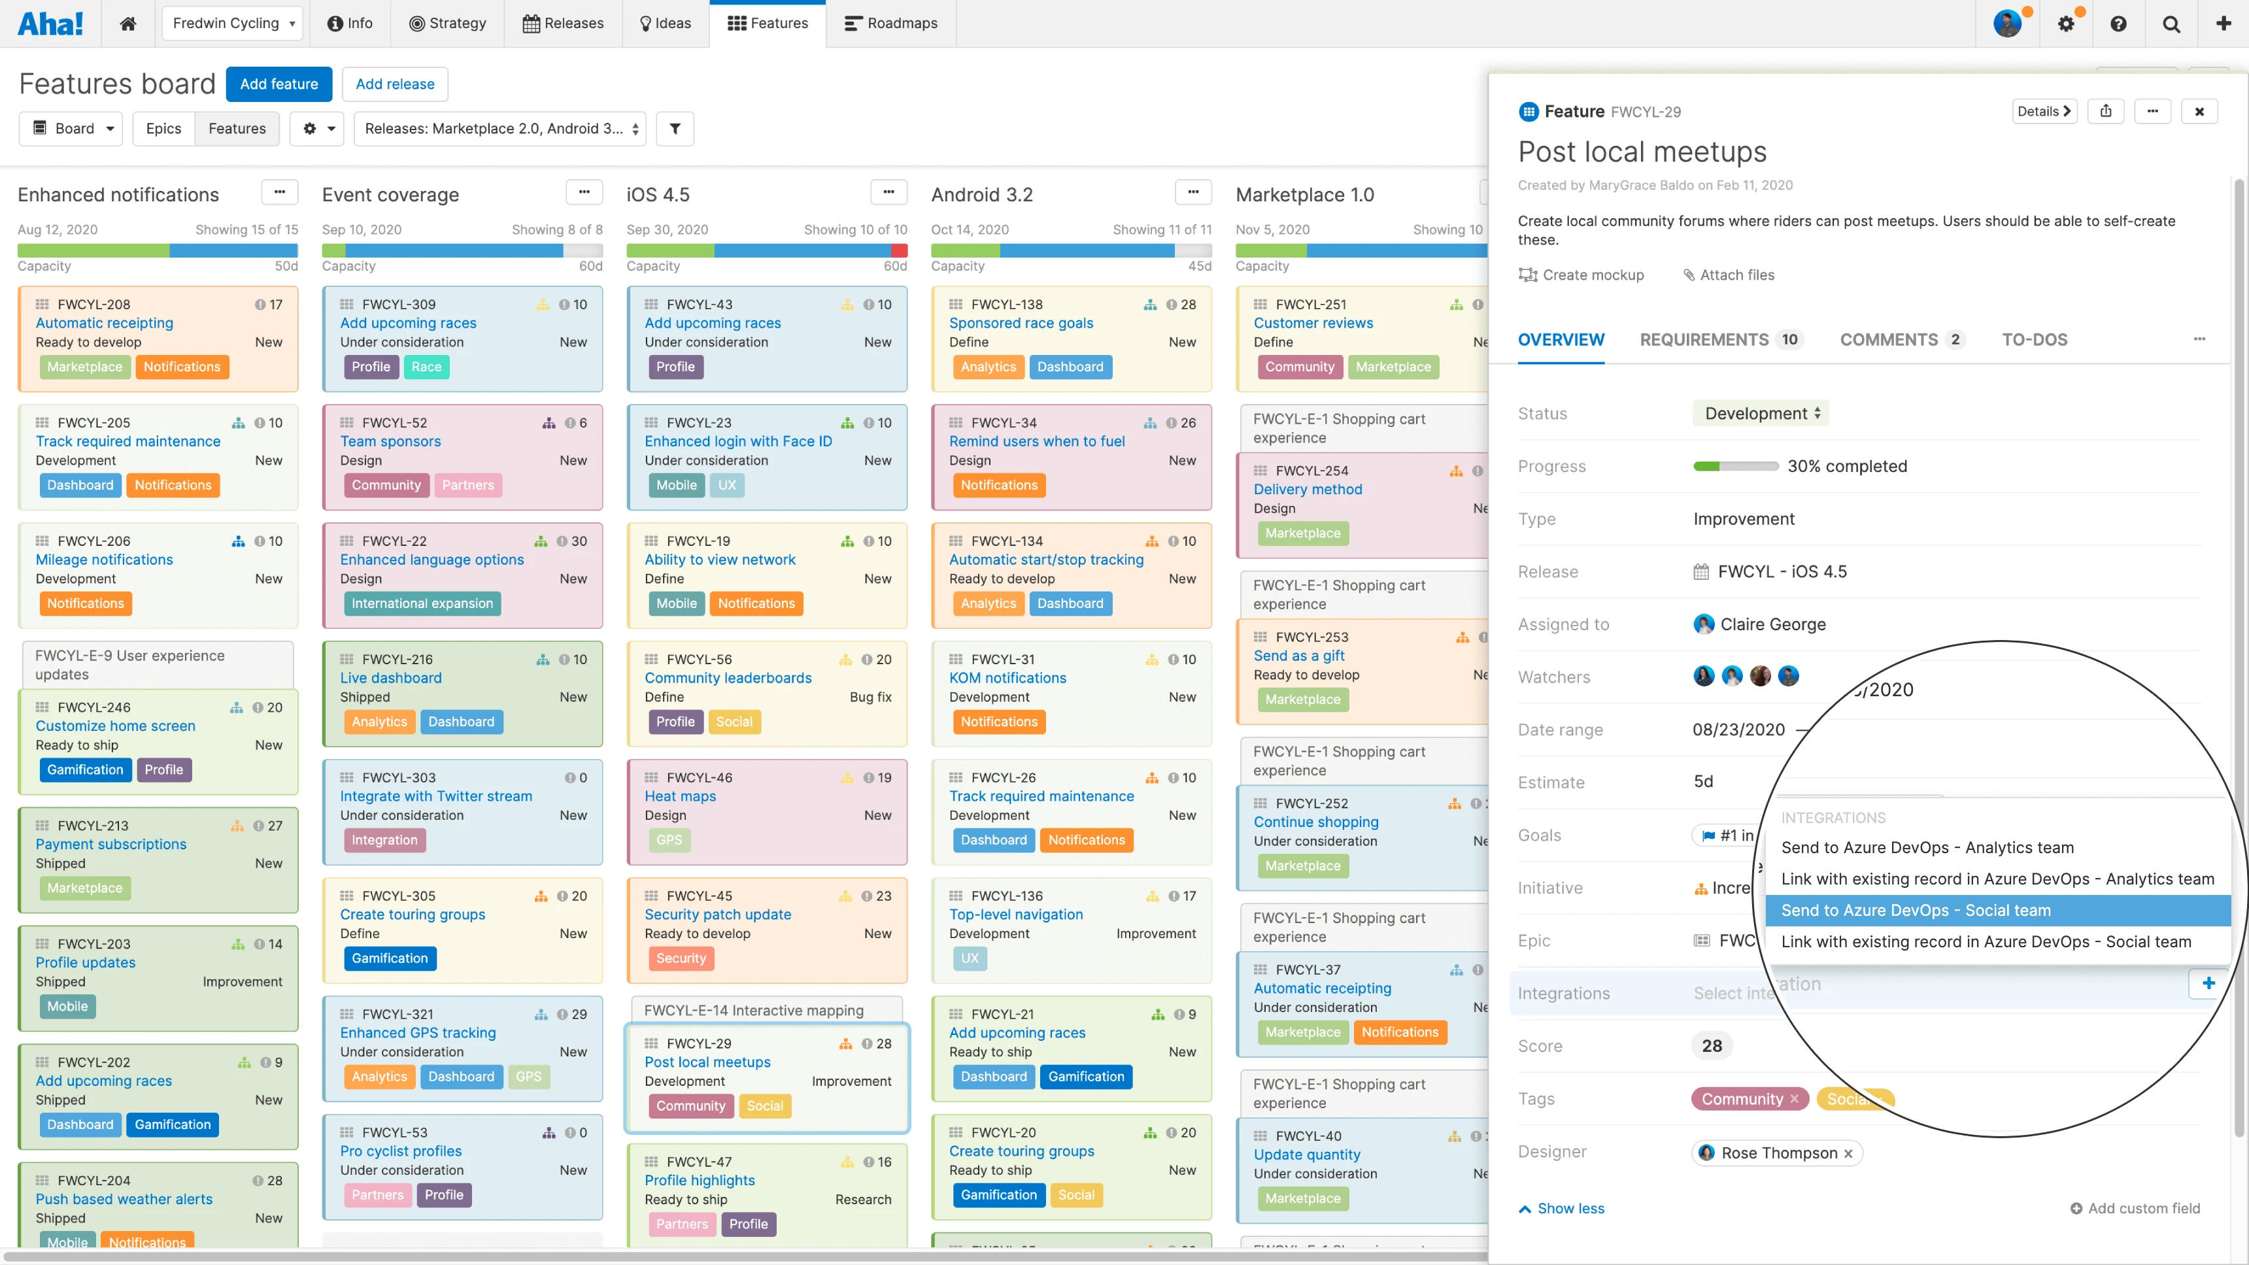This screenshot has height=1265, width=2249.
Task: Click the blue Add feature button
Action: tap(279, 84)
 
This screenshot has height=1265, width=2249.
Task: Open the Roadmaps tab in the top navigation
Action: tap(891, 24)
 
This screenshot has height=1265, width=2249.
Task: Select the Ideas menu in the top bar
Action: tap(666, 24)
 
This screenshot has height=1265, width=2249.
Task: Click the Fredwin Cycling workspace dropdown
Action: tap(232, 24)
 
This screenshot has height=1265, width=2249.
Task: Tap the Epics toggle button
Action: tap(163, 128)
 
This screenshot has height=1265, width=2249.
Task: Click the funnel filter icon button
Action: tap(675, 128)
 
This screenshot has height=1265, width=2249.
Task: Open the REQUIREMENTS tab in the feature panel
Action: tap(1704, 339)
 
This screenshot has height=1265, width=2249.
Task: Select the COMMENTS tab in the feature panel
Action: tap(1888, 339)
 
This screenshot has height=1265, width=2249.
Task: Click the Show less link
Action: tap(1570, 1208)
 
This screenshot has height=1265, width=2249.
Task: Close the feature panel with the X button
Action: tap(2199, 112)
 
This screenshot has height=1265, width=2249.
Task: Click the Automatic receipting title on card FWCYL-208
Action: tap(104, 323)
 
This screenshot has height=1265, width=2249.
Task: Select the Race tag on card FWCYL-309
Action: tap(426, 367)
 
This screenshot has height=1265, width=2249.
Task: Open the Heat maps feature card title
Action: tap(680, 796)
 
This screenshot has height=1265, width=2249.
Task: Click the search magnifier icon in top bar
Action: tap(2171, 24)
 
